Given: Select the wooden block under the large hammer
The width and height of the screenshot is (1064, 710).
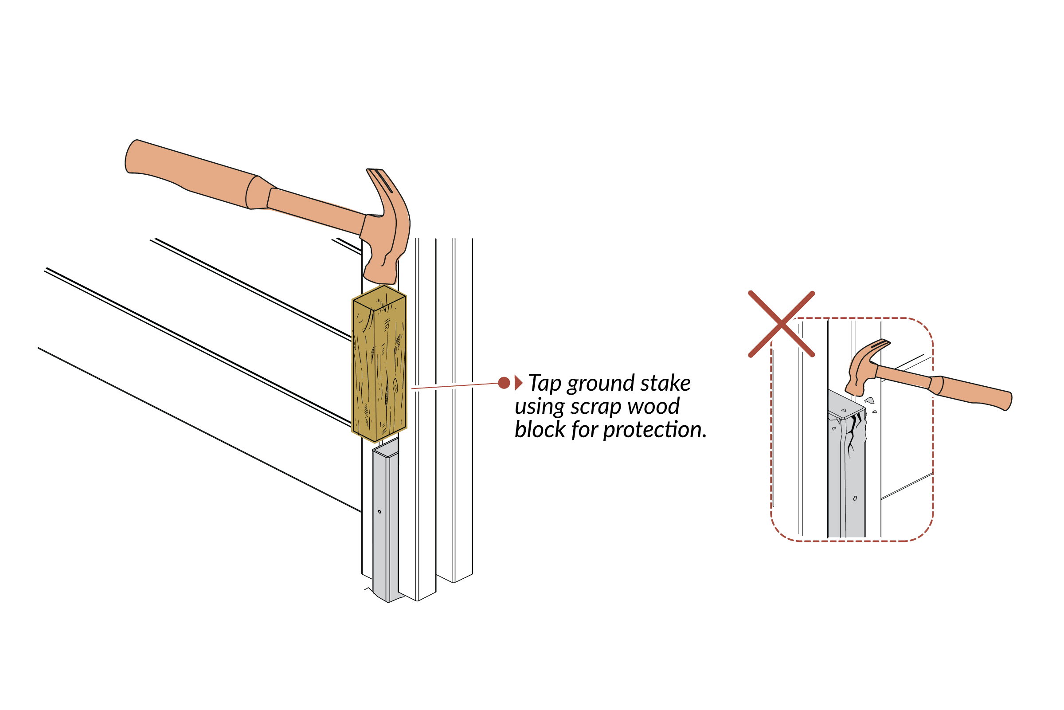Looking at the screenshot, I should point(379,371).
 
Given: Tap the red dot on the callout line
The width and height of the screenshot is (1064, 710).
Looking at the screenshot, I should point(504,383).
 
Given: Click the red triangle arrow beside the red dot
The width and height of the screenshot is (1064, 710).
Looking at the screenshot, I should point(518,383).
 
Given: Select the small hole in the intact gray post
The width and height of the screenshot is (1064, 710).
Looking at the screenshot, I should point(379,512).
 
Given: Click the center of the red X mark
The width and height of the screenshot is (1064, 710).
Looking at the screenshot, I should point(781,324).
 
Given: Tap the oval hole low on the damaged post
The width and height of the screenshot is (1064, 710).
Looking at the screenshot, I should point(854,498).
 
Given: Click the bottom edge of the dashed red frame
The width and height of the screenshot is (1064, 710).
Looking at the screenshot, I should point(851,541).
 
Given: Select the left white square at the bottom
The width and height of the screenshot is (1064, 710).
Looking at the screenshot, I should point(452,686).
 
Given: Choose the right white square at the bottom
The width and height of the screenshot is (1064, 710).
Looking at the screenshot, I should point(611,686).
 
